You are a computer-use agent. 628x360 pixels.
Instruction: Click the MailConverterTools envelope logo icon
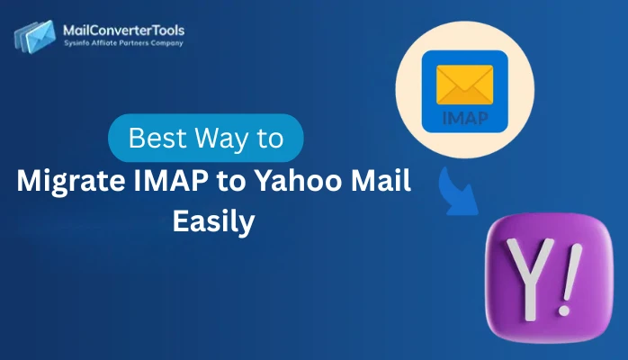click(34, 36)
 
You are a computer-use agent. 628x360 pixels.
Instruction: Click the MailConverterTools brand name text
click(123, 31)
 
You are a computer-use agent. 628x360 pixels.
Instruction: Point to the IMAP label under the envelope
click(465, 117)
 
